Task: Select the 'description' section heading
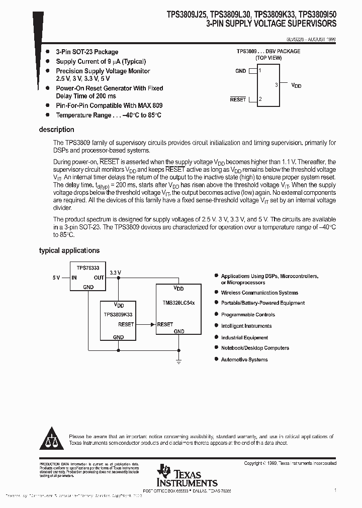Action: coord(57,130)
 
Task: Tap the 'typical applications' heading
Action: coord(69,250)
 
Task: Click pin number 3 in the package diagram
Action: coord(277,85)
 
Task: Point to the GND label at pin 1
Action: coord(241,71)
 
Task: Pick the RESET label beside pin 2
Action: coord(238,99)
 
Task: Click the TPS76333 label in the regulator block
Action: coord(87,269)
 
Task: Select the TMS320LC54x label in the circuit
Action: coord(178,304)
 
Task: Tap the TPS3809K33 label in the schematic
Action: coord(118,315)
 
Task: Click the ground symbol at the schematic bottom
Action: coord(178,360)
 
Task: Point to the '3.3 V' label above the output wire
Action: coord(116,272)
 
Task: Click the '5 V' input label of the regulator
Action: coord(56,278)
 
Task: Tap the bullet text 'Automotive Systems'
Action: coord(244,359)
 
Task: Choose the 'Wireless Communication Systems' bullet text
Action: coord(259,293)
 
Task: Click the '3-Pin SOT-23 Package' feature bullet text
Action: coord(87,52)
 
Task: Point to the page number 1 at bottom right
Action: coord(335,489)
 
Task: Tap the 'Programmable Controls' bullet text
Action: coord(248,315)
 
